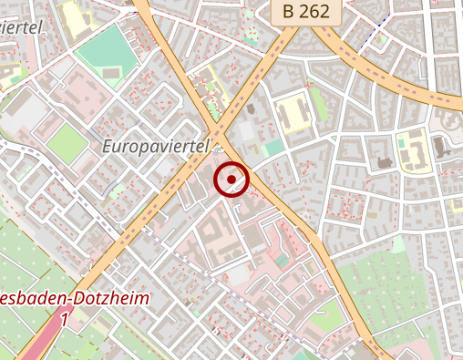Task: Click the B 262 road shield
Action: click(x=306, y=13)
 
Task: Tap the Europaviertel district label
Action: click(x=156, y=146)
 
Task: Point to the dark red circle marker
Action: click(x=231, y=179)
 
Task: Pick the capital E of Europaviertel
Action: click(x=107, y=146)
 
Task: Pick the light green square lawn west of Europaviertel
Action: click(x=64, y=141)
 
